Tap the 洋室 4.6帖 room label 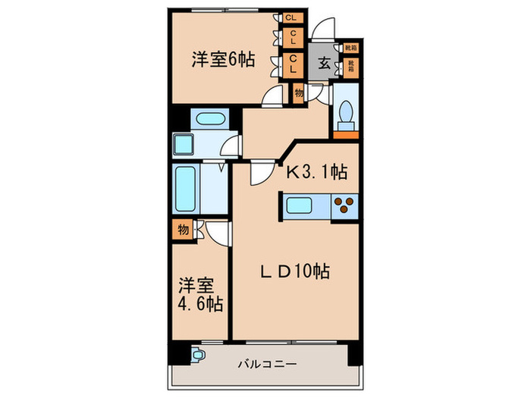coord(200,295)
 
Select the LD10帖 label coord(295,271)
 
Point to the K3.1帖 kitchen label coord(316,173)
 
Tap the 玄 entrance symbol coord(323,64)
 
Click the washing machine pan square coord(184,144)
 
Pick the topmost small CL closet coord(291,18)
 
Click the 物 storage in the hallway coord(298,92)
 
